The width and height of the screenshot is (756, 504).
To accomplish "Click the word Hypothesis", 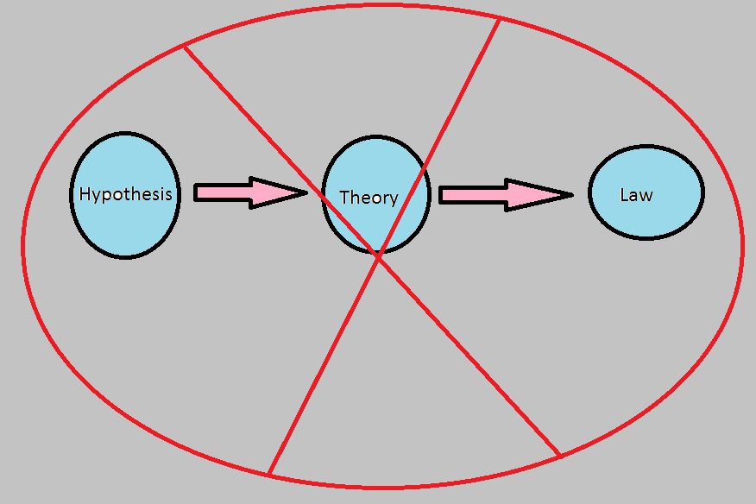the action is tap(125, 194).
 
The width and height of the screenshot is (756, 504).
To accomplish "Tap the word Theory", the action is tap(369, 198).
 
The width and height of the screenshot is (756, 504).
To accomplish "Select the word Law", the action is tap(636, 195).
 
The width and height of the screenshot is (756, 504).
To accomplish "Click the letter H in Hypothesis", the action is tap(85, 193).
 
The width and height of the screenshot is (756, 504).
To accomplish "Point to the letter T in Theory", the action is tap(345, 197).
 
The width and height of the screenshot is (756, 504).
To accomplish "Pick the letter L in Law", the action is tap(624, 195).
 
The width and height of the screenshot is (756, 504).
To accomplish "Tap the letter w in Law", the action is tap(646, 196).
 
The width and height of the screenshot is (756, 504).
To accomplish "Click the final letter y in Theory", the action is tap(394, 199).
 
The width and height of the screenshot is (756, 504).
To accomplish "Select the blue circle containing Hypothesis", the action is tap(124, 224).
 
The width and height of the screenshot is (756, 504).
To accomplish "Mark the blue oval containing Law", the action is tap(646, 216).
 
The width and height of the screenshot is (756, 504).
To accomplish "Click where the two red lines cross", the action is tap(378, 254).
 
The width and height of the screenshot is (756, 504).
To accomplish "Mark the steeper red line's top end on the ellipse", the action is tap(500, 19).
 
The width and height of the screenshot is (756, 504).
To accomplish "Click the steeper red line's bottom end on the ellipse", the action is tap(269, 474).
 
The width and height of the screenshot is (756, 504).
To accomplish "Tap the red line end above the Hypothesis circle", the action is tap(184, 46).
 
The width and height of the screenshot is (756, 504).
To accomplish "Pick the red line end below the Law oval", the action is tap(560, 455).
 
